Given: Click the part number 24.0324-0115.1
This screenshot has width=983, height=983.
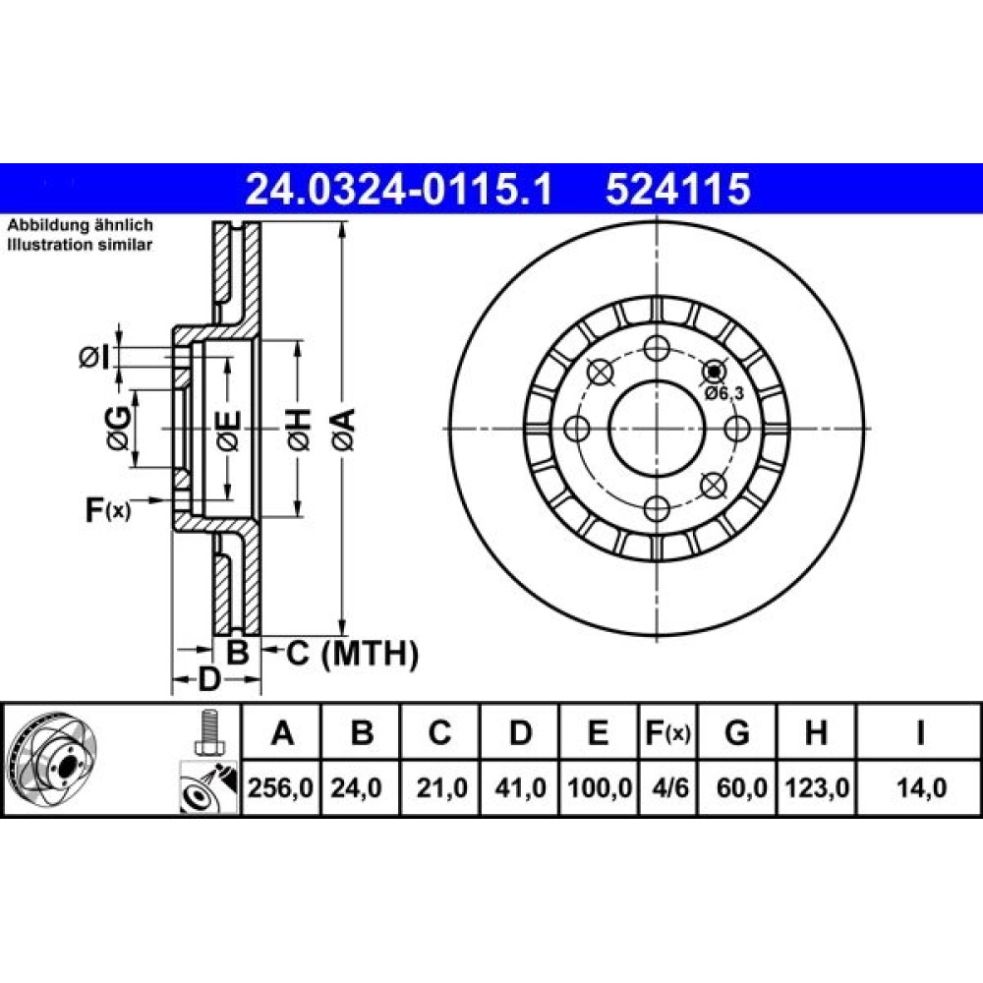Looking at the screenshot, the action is tap(399, 190).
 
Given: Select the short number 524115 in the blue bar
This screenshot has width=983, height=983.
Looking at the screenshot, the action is tap(677, 190).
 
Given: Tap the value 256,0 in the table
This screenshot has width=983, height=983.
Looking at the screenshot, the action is tap(280, 787).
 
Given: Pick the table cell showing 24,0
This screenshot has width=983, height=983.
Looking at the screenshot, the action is tap(356, 787).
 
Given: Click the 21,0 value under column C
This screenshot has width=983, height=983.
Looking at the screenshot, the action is tap(442, 787).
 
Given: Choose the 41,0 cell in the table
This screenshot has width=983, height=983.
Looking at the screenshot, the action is tap(520, 787).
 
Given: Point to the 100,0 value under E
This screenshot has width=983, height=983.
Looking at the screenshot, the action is tap(600, 787).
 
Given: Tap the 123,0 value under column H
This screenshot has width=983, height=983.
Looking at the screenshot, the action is tap(817, 787).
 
